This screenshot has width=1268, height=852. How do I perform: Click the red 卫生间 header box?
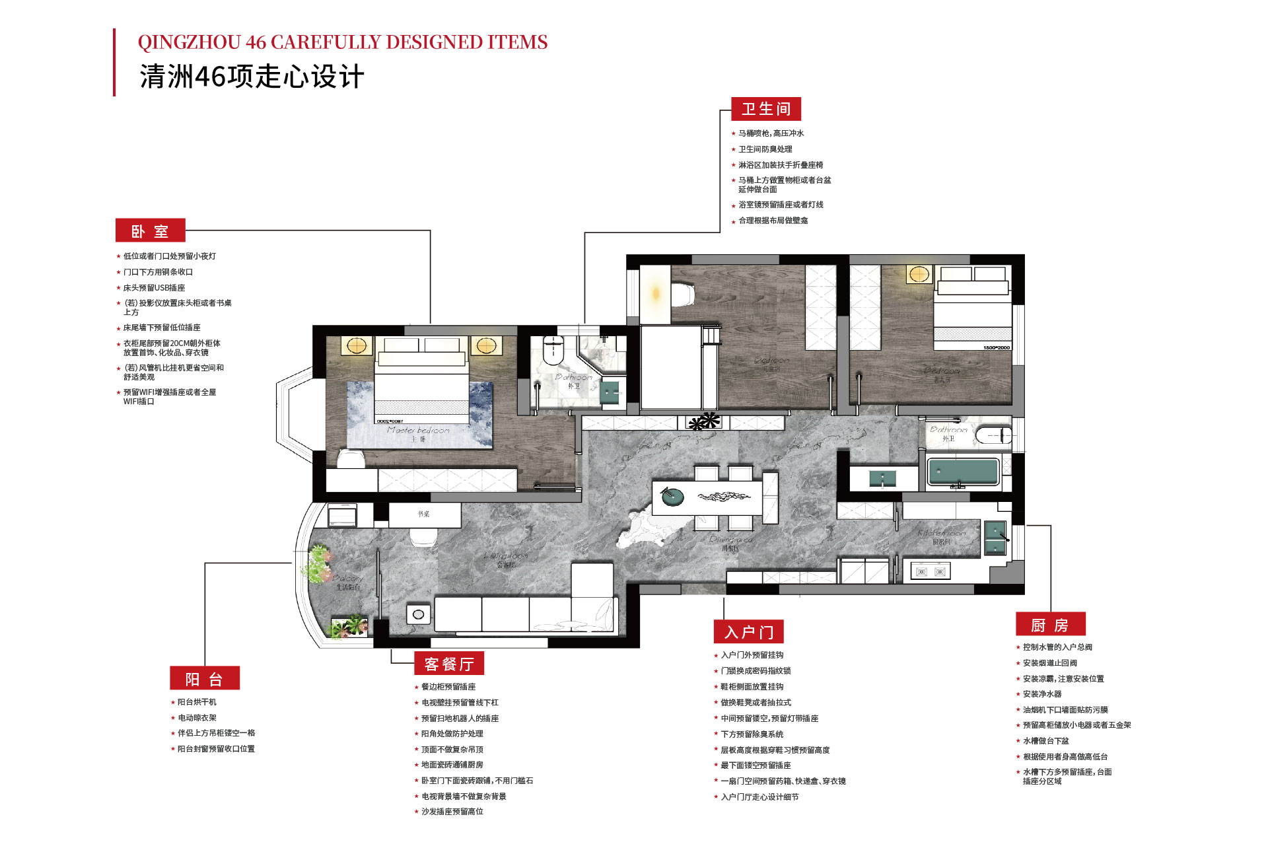coord(765,109)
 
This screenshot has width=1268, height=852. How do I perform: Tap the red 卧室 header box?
coord(150,231)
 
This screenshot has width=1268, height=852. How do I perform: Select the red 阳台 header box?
coord(204,679)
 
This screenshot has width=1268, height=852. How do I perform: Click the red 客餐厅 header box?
coord(449,664)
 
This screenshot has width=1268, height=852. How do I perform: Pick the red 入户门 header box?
coord(748,632)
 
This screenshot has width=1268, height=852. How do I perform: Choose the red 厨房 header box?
coord(1050,625)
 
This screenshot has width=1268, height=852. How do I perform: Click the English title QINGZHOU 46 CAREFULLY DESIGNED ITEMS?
coord(342,42)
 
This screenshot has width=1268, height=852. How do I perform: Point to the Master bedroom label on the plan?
coord(418,430)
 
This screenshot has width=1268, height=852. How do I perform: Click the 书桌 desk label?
coord(423,514)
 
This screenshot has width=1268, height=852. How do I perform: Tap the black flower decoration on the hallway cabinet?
coord(704,421)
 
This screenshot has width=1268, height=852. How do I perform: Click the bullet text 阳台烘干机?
coord(197,702)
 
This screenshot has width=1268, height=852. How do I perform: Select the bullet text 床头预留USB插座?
coord(154,288)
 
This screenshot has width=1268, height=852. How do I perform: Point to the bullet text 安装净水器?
coord(1042,694)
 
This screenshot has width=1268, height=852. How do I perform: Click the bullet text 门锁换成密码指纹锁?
coord(756,671)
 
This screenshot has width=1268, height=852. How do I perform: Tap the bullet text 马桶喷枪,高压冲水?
coord(771,133)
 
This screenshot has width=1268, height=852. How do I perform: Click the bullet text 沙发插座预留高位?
coord(452,812)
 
